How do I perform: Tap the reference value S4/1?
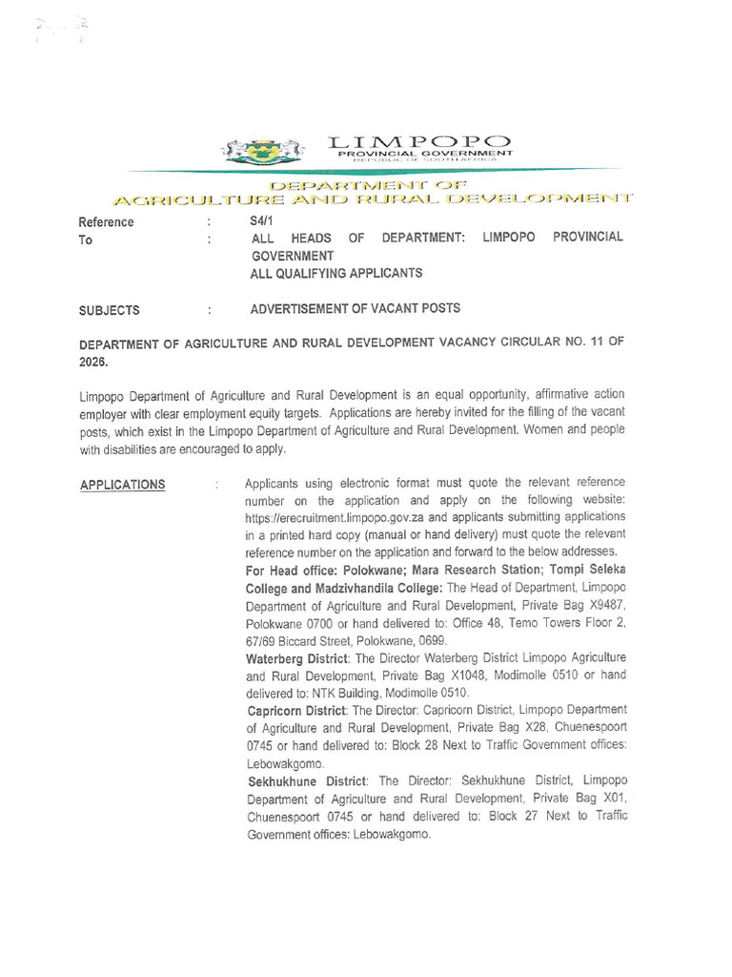click(x=258, y=221)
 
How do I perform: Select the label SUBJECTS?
click(x=110, y=309)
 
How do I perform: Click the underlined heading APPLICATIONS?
click(x=122, y=485)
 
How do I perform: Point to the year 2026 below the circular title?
click(x=94, y=362)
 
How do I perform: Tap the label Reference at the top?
click(x=106, y=222)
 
